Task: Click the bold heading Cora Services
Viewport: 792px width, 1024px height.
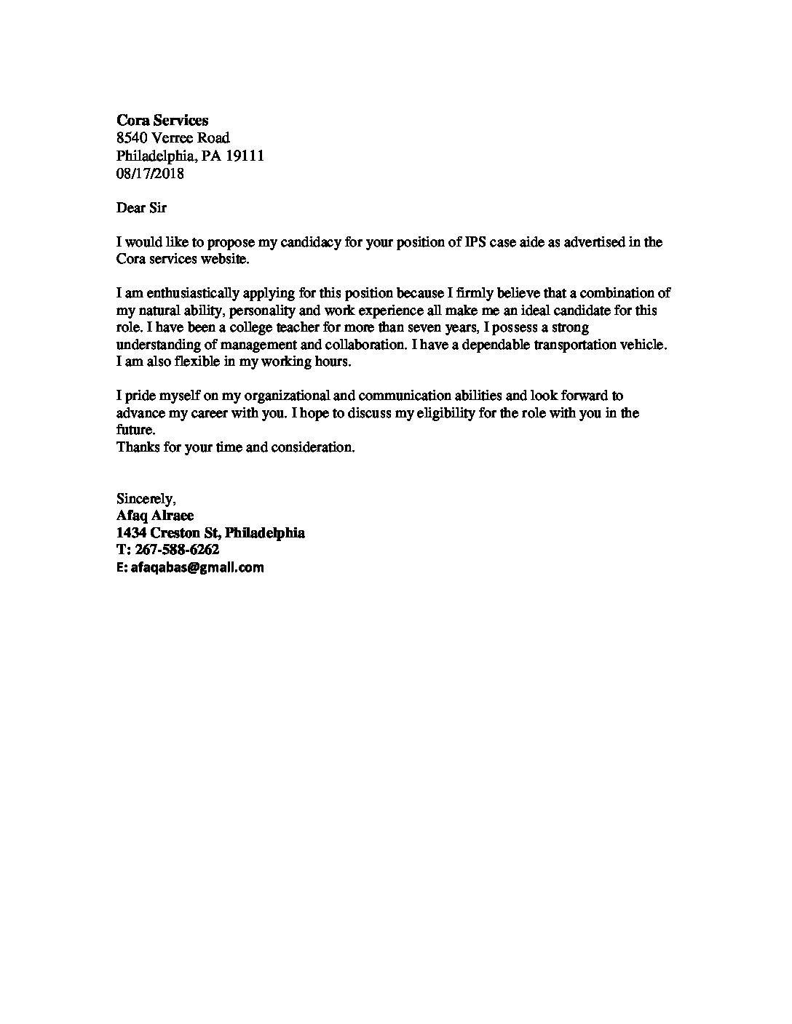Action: (162, 121)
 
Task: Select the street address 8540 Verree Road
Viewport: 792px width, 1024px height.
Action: (173, 138)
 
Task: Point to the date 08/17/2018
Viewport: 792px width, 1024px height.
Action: (150, 173)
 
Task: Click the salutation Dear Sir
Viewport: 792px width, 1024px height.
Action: (141, 207)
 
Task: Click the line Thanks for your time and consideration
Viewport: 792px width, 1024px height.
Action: (236, 447)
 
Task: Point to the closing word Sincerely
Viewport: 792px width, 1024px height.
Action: (146, 499)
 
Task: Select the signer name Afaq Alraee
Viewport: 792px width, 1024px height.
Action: (155, 516)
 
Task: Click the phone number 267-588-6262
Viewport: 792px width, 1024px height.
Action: (177, 550)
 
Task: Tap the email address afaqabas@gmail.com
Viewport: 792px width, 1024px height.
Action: (197, 568)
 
